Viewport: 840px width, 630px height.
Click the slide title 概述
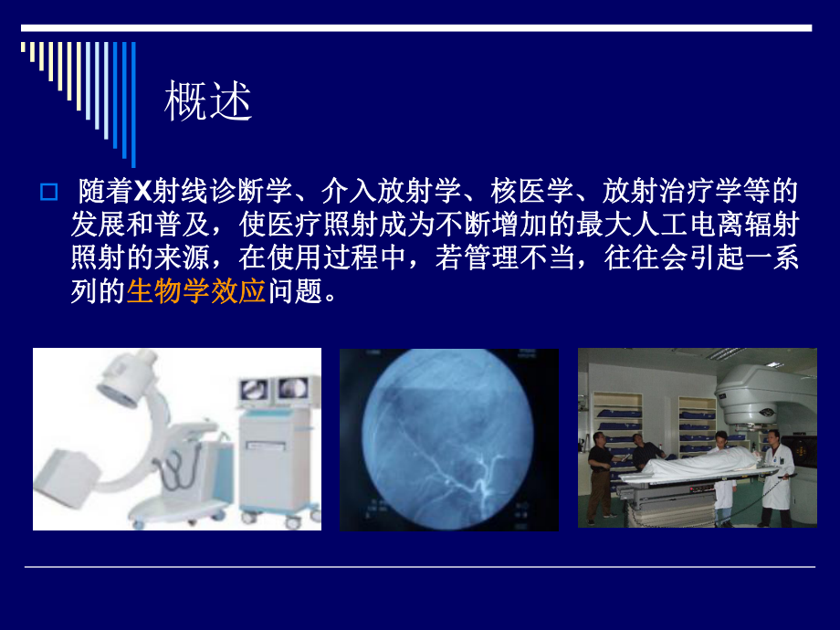pyautogui.click(x=207, y=104)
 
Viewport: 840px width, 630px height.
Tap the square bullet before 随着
pyautogui.click(x=49, y=194)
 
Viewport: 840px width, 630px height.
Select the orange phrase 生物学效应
pyautogui.click(x=196, y=292)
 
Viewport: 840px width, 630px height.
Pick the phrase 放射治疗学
pyautogui.click(x=676, y=192)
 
